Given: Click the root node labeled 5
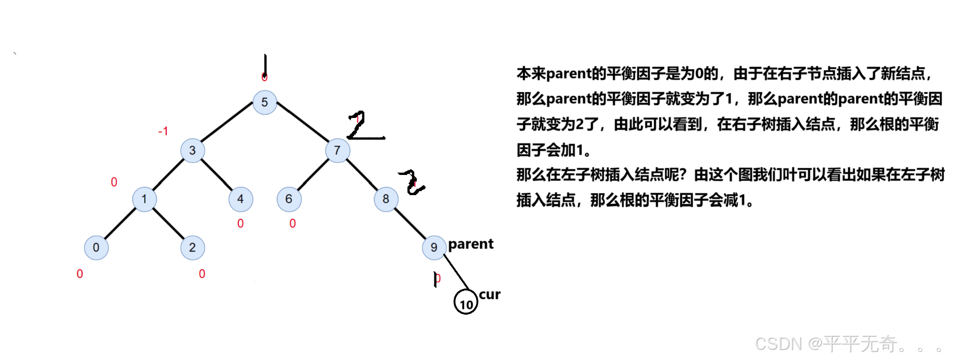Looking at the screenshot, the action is coord(265,102).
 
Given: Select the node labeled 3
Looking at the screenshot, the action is coord(193,150).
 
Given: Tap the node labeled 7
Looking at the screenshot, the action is coord(337,150).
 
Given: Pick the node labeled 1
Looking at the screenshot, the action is coord(144,199).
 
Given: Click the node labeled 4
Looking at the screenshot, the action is coord(240,199).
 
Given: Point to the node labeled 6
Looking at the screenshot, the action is coord(289,199).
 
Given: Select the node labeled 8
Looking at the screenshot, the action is coord(386,199).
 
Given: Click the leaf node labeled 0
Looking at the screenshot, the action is coord(96,248).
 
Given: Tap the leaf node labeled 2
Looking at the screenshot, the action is coord(193,248).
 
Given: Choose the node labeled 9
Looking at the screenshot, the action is coord(434,248).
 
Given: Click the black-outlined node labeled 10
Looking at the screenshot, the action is coord(466,302).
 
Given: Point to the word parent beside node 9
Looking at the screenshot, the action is coord(471,244).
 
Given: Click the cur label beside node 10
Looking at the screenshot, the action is coord(489,294).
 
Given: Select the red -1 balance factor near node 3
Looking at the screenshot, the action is coord(163,132).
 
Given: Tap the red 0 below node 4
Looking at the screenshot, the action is coord(240,223).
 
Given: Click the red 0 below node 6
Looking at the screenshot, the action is coord(293,223).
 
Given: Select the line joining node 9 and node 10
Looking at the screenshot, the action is coord(456,272).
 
